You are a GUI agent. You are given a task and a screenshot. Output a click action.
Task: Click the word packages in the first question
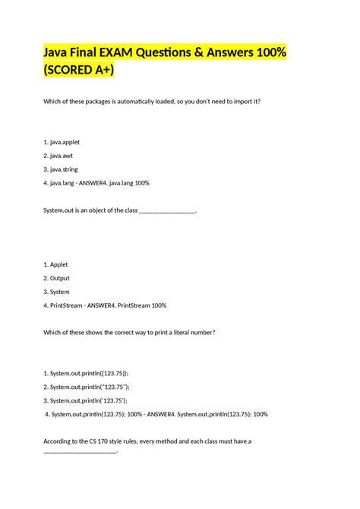tap(111, 100)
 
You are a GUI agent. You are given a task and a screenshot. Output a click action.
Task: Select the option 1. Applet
tap(56, 264)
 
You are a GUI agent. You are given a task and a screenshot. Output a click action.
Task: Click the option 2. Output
tap(58, 278)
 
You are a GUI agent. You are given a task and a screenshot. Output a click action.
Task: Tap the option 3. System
tap(57, 292)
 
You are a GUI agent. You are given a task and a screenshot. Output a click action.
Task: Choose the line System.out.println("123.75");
tap(87, 387)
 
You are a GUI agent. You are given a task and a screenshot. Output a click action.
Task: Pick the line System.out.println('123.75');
tap(86, 400)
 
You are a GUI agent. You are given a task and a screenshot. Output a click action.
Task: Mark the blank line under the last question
tap(81, 451)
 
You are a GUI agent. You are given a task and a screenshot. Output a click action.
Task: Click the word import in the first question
tap(238, 100)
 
